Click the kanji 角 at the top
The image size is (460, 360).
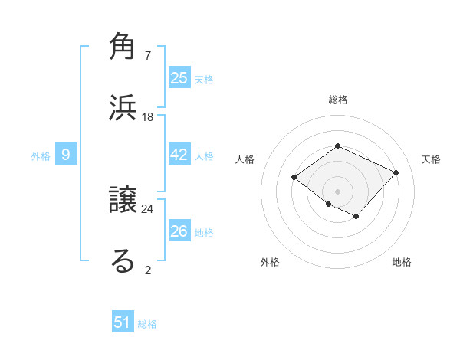coord(123,47)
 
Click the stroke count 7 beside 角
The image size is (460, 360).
coord(148,56)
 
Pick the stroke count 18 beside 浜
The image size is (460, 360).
coord(148,116)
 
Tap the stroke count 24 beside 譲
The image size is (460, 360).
coord(148,208)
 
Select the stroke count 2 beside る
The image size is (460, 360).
coord(148,269)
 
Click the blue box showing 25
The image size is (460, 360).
coord(179,78)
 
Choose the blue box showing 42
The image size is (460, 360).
coord(179,155)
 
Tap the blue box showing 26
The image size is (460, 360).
coord(179,231)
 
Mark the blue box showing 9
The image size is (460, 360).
coord(66,155)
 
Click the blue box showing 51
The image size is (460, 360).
coord(123,322)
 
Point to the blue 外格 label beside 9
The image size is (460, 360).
coord(41,156)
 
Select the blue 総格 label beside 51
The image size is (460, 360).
coord(147,324)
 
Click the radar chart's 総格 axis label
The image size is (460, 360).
coord(337,100)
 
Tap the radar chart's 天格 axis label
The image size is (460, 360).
coord(431,159)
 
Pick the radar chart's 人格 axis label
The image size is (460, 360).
coord(245,159)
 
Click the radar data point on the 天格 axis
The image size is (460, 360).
coord(396,172)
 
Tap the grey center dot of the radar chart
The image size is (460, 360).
coord(337,191)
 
